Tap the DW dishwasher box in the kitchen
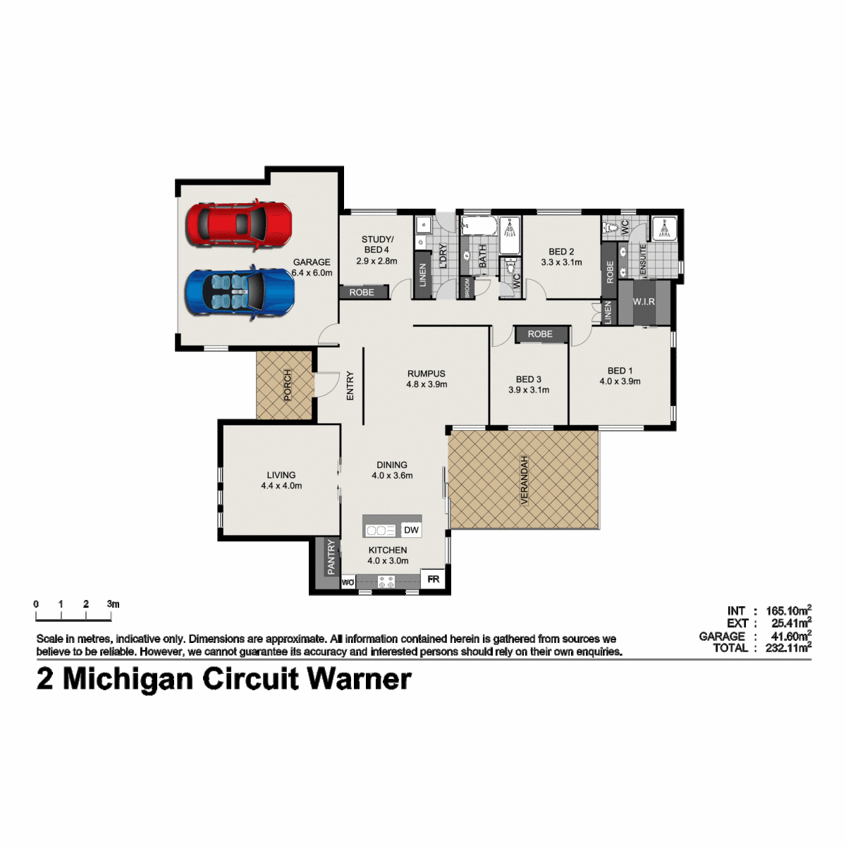coord(411,530)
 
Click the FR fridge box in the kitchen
coord(433,579)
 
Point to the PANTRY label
coord(331,557)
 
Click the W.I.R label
coord(644,302)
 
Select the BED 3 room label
coord(529,379)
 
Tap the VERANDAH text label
coord(524,480)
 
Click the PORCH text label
coord(287,385)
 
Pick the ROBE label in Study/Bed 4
coord(362,293)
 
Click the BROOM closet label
coord(467,288)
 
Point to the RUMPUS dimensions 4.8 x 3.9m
coord(427,384)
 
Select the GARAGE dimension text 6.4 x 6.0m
coord(312,273)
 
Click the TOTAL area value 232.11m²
coord(788,648)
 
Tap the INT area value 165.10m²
coord(788,611)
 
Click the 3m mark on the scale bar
coord(113,604)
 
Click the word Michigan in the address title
coord(128,680)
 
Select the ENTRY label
coord(350,386)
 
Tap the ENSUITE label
coord(643,261)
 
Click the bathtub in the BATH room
coord(479,226)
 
